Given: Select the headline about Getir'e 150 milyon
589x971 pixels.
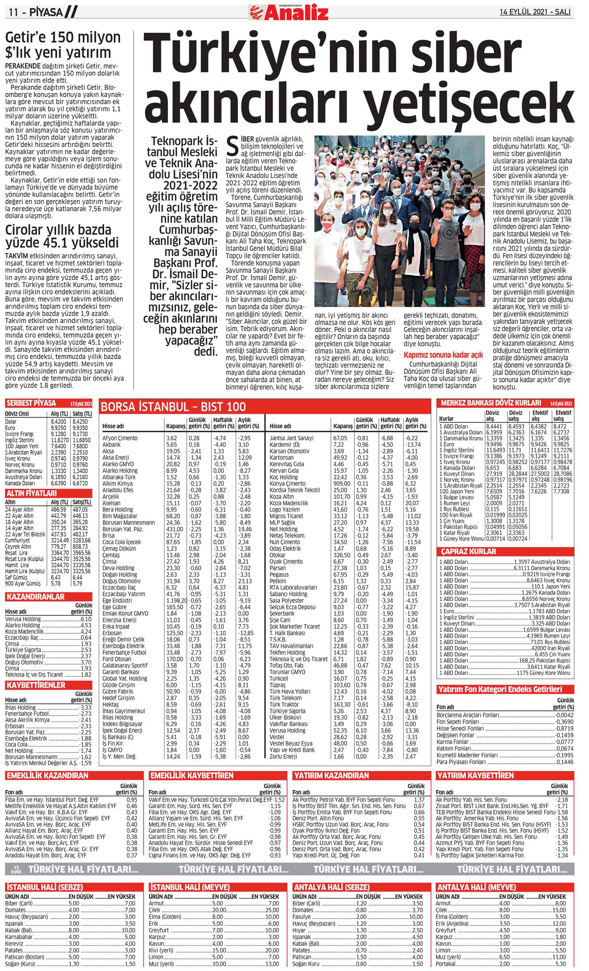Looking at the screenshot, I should (x=63, y=44).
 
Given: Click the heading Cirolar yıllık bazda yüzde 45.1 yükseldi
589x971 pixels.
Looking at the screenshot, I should (x=62, y=236).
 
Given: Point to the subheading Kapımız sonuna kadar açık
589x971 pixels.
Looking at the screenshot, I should (x=443, y=355).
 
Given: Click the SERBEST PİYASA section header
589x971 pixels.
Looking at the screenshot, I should (x=31, y=403).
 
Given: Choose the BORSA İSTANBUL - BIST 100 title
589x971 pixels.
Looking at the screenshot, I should (x=173, y=407).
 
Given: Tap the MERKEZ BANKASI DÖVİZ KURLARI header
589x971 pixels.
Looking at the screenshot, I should (x=491, y=403).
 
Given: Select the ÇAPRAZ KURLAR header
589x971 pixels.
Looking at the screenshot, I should (x=468, y=551).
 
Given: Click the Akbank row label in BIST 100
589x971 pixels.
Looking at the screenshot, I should (x=111, y=444).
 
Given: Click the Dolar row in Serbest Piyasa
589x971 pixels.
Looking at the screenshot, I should (x=11, y=421).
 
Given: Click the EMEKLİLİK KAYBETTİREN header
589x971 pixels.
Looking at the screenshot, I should (x=192, y=776).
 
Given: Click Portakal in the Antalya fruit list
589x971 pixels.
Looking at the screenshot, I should (x=446, y=964).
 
